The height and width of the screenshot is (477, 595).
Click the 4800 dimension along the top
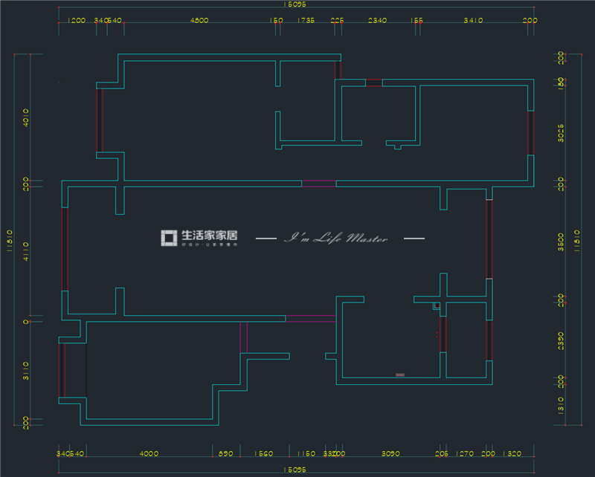(199, 22)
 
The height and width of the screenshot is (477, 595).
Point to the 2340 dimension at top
(377, 22)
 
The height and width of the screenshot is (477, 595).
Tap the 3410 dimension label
(474, 22)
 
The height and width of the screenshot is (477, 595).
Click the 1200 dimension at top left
(76, 22)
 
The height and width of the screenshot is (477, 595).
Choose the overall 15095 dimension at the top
(295, 5)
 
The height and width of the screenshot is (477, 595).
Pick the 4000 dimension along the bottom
(149, 453)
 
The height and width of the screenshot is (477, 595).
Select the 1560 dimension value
(265, 453)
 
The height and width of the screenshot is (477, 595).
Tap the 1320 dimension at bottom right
(513, 453)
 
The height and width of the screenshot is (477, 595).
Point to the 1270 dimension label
(466, 453)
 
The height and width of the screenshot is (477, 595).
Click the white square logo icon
(169, 238)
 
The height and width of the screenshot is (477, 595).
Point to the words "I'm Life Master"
(337, 238)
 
